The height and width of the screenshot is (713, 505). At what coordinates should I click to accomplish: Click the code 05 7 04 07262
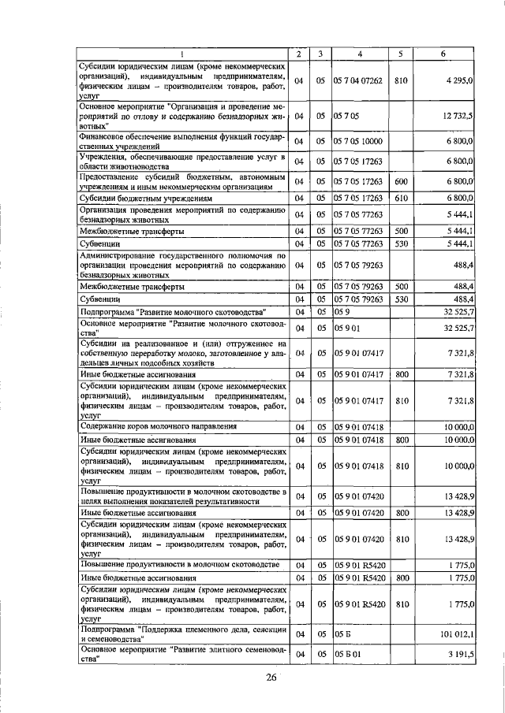358,80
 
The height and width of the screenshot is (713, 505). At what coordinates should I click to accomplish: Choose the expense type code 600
400,181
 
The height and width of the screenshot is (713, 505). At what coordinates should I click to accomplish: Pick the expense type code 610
400,198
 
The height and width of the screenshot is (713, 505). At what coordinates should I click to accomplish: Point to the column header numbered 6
443,54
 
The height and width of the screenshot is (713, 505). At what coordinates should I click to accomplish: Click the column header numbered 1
181,54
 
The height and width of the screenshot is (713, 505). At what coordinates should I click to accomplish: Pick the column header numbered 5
400,54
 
